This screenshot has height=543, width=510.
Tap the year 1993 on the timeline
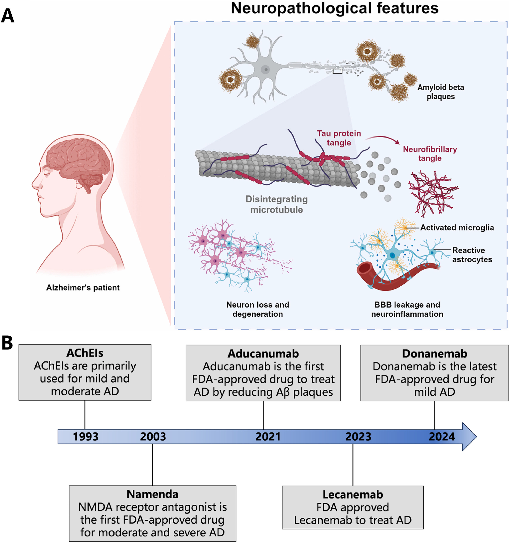click(85, 436)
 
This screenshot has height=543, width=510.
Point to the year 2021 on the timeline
click(268, 436)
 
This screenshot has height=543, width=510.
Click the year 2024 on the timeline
click(442, 436)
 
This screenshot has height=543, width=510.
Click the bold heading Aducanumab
click(263, 354)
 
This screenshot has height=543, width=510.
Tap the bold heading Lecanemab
click(353, 495)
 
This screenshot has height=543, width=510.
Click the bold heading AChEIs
click(85, 353)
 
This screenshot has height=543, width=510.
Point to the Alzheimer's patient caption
click(83, 288)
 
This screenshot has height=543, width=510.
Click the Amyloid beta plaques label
click(440, 92)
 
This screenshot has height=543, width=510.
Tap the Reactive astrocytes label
click(472, 255)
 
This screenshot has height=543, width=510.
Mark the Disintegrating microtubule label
click(276, 204)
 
